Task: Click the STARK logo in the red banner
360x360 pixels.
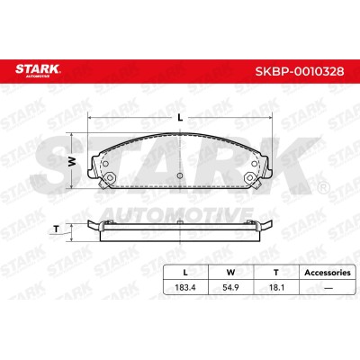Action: coord(38,70)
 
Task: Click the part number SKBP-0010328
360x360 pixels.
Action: coord(300,71)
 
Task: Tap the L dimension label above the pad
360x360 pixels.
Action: coord(180,118)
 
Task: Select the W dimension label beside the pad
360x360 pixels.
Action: coord(71,162)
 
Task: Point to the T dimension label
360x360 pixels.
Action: coord(56,229)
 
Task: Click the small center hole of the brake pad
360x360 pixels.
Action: coord(180,175)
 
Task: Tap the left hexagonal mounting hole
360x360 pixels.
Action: coord(110,177)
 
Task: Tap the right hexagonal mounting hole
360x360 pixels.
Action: coord(249,177)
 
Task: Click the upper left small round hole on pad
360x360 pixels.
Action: coord(105,164)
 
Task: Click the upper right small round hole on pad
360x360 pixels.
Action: coord(254,164)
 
